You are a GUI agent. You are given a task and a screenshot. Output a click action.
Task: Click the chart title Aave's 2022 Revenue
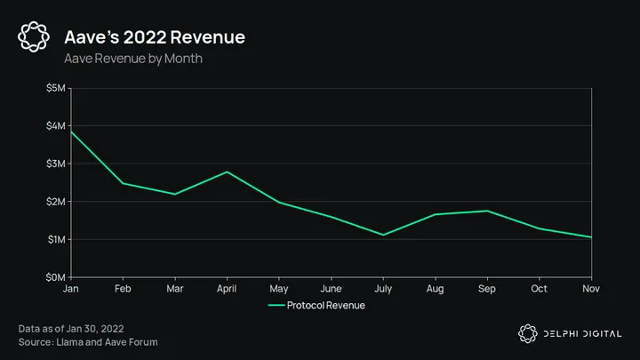[x=155, y=37]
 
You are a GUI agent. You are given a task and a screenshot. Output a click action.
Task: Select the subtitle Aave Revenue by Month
[x=133, y=59]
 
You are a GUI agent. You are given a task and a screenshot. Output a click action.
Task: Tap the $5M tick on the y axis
[x=55, y=88]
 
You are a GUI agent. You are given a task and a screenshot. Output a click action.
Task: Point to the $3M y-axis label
[x=55, y=164]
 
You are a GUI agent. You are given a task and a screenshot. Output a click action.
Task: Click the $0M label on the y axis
[x=55, y=277]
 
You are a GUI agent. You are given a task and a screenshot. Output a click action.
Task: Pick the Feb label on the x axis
[x=123, y=289]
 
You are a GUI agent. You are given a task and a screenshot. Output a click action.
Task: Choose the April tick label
[x=227, y=289]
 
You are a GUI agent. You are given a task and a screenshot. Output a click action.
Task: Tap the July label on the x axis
[x=383, y=289]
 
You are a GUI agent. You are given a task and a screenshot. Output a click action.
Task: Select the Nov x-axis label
[x=591, y=289]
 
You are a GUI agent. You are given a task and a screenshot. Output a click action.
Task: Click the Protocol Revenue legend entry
[x=316, y=305]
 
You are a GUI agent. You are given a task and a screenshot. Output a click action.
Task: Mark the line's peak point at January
[x=71, y=132]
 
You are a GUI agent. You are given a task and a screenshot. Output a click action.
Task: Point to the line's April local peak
[x=228, y=172]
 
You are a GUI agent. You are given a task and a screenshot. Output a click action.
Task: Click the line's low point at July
[x=383, y=235]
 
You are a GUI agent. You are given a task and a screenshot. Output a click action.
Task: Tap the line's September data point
[x=487, y=211]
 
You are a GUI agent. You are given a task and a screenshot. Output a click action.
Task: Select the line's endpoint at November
[x=591, y=237]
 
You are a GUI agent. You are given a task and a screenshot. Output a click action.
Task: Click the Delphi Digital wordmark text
[x=582, y=334]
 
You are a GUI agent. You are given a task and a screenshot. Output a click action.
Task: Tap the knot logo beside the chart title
[x=34, y=36]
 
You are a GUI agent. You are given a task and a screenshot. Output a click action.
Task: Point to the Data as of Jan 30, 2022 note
[x=71, y=329]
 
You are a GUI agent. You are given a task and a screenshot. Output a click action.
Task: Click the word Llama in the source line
[x=69, y=342]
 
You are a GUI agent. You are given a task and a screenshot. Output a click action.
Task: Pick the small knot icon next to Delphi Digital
[x=528, y=333]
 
